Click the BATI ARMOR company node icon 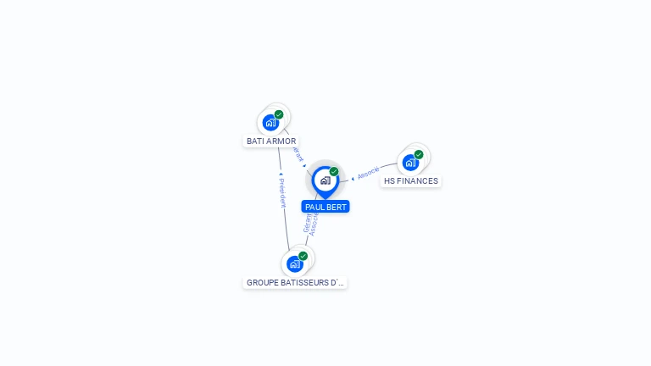[270, 122]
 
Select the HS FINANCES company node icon [410, 162]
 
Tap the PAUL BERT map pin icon [325, 180]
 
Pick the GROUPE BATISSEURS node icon [295, 263]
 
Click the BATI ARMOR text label [271, 141]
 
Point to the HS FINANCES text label [411, 181]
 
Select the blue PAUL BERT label [325, 207]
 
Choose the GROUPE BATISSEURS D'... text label [295, 283]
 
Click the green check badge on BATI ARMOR [279, 114]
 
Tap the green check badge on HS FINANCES [419, 154]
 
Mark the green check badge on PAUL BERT [334, 171]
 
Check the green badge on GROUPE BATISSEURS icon [303, 256]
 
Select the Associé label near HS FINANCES [369, 173]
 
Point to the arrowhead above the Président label [281, 175]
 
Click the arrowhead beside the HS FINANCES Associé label [353, 179]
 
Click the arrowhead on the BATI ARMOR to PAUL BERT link [305, 165]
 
